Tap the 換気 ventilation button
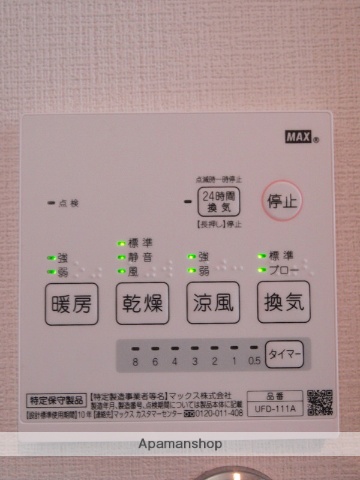click(x=282, y=303)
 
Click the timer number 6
click(x=153, y=361)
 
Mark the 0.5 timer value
click(x=254, y=361)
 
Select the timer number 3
click(x=193, y=361)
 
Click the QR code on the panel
click(x=320, y=402)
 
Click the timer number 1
click(x=233, y=361)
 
